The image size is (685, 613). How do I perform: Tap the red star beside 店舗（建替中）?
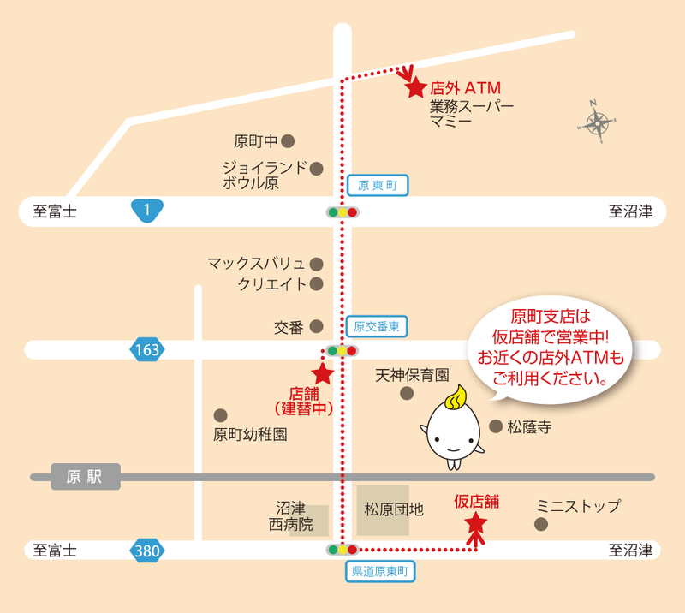point(322,373)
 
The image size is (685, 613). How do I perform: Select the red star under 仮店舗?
point(475,521)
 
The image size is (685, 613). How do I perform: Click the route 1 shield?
point(147,211)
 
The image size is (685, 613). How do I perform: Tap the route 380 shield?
point(146,551)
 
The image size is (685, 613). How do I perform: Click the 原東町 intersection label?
point(378,185)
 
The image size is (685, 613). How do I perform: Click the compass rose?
point(597,122)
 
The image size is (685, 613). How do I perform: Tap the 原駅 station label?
point(86,477)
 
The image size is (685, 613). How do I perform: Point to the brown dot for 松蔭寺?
point(495,426)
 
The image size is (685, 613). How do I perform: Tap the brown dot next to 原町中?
point(289,140)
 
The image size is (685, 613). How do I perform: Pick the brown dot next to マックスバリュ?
point(317,263)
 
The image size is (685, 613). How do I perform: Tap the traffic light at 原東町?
point(342,211)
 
